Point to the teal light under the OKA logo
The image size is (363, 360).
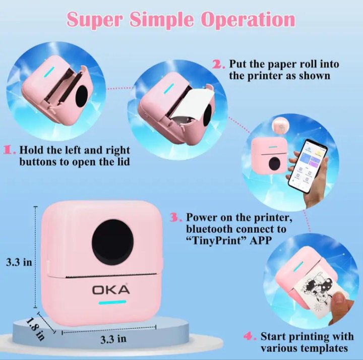[x=112, y=302]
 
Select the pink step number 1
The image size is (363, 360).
[x=10, y=150]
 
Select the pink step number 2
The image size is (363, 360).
[x=218, y=64]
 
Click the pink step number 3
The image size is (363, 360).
[x=176, y=217]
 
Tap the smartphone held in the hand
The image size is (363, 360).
[x=308, y=166]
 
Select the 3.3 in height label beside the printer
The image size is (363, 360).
[x=19, y=263]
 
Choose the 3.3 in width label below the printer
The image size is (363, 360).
[x=113, y=339]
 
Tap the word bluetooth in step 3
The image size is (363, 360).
[x=210, y=229]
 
